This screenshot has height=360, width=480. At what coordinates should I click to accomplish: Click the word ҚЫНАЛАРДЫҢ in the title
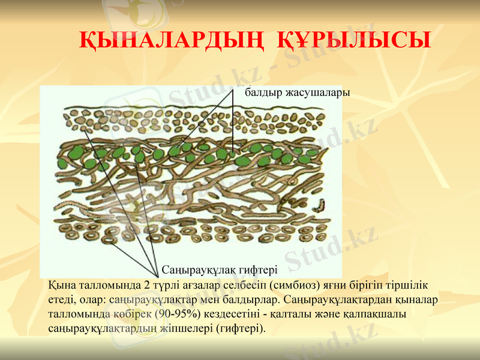[x=172, y=41]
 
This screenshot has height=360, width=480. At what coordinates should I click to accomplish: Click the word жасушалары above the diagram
[x=317, y=93]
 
